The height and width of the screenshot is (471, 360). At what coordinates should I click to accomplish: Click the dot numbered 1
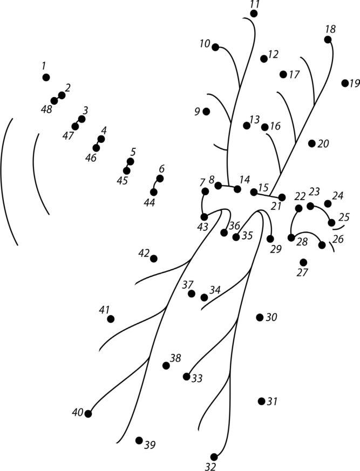pyautogui.click(x=46, y=78)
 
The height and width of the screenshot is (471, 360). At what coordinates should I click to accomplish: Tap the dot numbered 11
pyautogui.click(x=254, y=13)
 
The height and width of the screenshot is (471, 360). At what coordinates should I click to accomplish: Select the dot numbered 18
pyautogui.click(x=328, y=39)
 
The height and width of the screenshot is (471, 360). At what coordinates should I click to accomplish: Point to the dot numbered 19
pyautogui.click(x=345, y=83)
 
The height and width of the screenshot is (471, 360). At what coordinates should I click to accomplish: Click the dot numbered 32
pyautogui.click(x=214, y=457)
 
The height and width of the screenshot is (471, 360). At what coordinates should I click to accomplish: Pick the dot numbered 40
pyautogui.click(x=88, y=414)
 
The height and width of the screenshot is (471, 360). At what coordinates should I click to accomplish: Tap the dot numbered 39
pyautogui.click(x=139, y=440)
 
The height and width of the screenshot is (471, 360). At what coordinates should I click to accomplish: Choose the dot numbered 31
pyautogui.click(x=261, y=401)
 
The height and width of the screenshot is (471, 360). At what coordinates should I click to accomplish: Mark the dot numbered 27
pyautogui.click(x=303, y=262)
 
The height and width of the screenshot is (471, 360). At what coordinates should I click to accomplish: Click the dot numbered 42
pyautogui.click(x=154, y=258)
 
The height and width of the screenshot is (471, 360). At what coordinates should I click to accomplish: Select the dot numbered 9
pyautogui.click(x=206, y=111)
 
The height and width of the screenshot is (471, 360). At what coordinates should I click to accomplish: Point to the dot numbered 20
pyautogui.click(x=312, y=143)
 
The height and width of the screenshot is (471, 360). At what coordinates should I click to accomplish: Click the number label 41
pyautogui.click(x=104, y=310)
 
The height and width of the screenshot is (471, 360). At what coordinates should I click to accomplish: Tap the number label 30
pyautogui.click(x=271, y=317)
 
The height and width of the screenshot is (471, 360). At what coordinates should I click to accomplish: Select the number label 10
pyautogui.click(x=205, y=44)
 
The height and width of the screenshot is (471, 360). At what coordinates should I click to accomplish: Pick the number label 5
pyautogui.click(x=133, y=152)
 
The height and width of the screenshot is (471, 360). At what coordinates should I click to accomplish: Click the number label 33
pyautogui.click(x=197, y=379)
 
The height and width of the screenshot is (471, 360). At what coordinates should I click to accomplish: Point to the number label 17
pyautogui.click(x=294, y=74)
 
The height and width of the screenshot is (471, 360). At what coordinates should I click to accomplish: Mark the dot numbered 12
pyautogui.click(x=263, y=58)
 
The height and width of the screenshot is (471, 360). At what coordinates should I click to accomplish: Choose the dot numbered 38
pyautogui.click(x=166, y=365)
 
